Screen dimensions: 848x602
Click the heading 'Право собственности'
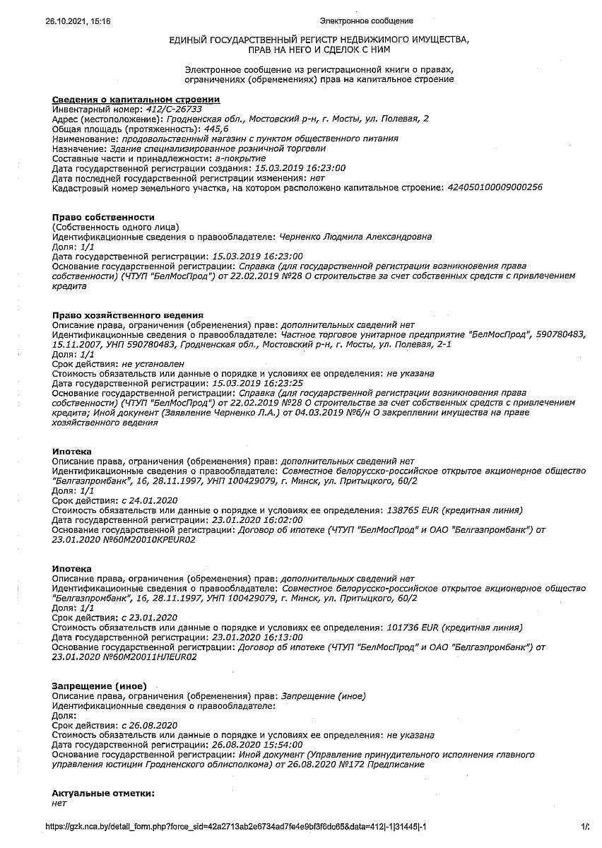coord(103,217)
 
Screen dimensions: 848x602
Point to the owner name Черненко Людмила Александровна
coord(355,237)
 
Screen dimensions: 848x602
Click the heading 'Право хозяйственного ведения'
coord(128,314)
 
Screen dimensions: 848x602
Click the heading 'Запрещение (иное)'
coord(100,685)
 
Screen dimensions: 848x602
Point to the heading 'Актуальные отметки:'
coord(103,794)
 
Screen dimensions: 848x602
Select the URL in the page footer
coord(236,827)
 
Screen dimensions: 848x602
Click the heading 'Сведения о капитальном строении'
coord(136,100)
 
